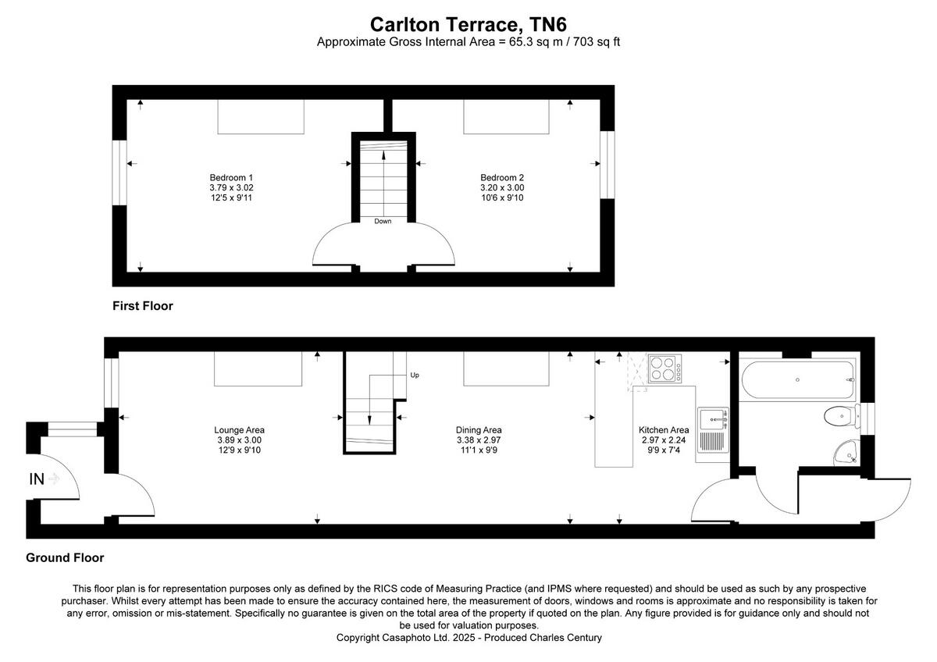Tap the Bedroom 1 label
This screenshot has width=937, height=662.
coord(231,176)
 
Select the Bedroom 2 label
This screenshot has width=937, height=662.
coord(502,176)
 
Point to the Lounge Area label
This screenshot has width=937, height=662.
coord(240,429)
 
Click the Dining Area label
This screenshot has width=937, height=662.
coord(479,429)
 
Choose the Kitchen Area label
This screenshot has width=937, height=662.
coord(664,429)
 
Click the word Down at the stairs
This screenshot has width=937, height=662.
coord(383,221)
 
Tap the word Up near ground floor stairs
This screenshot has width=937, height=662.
coord(415,375)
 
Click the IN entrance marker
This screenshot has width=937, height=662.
coord(37,479)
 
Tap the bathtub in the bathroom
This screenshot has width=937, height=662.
coord(796,379)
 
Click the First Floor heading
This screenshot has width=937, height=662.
coord(142,306)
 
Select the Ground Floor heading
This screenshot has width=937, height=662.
coord(65,557)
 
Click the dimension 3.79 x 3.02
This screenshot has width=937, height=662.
coord(231,187)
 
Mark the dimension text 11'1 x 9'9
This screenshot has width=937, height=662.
coord(479,450)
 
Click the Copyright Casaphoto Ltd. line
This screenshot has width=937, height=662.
coord(468,637)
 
